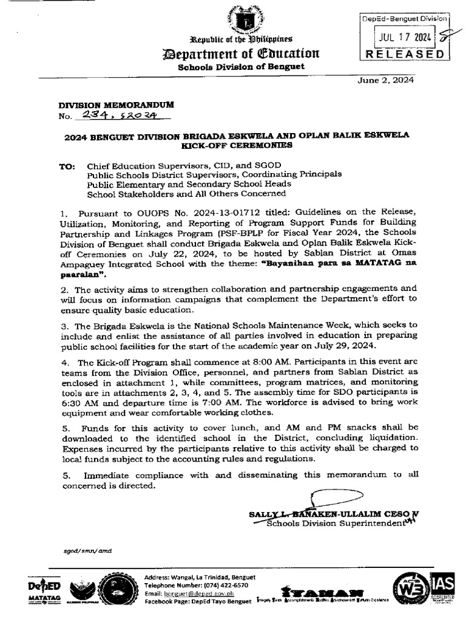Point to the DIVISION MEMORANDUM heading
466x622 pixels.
(x=107, y=105)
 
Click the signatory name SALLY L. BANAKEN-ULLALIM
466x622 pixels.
(x=316, y=514)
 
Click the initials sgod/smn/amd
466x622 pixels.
(x=89, y=550)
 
